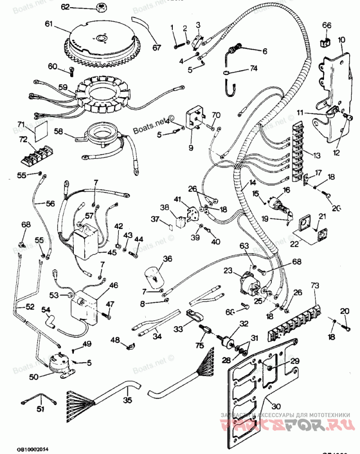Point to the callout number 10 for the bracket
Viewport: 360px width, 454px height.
342,40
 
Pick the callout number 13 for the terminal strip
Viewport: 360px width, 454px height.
316,155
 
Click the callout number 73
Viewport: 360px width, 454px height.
314,286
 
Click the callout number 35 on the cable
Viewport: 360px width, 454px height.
128,399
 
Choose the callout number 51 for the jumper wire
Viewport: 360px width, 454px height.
41,409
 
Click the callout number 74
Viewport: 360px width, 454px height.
254,68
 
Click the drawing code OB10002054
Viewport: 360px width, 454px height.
32,449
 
